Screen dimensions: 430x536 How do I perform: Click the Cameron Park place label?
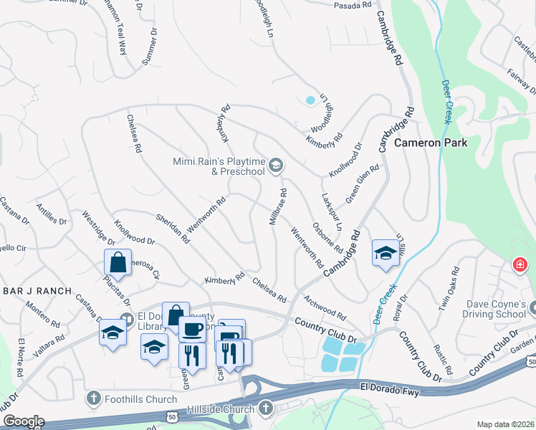coord(431,143)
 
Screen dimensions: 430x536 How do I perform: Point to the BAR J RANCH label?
coord(37,291)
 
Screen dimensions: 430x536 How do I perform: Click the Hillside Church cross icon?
coord(265,409)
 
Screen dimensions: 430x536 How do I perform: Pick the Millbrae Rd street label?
coord(279,208)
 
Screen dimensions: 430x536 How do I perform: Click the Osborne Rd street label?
coord(328,238)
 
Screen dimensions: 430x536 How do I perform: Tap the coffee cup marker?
coord(191,329)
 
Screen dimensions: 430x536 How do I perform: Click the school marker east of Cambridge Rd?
coord(385,253)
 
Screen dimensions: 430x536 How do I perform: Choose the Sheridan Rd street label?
coord(173,229)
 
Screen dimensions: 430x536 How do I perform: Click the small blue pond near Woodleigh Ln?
coord(310,100)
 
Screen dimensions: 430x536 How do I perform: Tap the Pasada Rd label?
coord(353,5)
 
